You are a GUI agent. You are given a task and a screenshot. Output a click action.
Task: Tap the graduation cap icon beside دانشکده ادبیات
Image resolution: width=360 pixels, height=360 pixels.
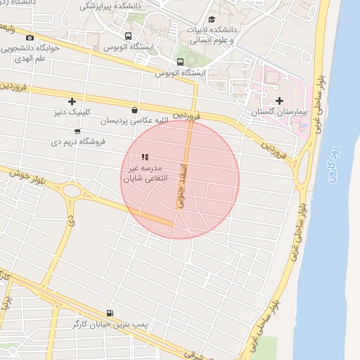coord(212,19)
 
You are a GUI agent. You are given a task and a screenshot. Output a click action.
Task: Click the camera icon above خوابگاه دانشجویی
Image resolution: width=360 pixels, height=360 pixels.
coord(30,38)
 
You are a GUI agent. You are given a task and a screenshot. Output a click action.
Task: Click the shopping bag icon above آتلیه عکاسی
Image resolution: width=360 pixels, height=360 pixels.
coord(134,110)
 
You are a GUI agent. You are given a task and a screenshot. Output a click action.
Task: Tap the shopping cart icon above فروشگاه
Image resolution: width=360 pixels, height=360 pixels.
coord(77,131)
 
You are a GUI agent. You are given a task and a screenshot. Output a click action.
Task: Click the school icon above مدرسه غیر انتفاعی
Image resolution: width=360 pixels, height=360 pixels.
coord(145,157)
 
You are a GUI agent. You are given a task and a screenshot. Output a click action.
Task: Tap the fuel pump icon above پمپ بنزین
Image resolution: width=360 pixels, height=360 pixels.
coord(109,313)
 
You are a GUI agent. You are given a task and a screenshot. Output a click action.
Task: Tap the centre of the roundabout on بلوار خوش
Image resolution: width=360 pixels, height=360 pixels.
coord(71,191)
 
